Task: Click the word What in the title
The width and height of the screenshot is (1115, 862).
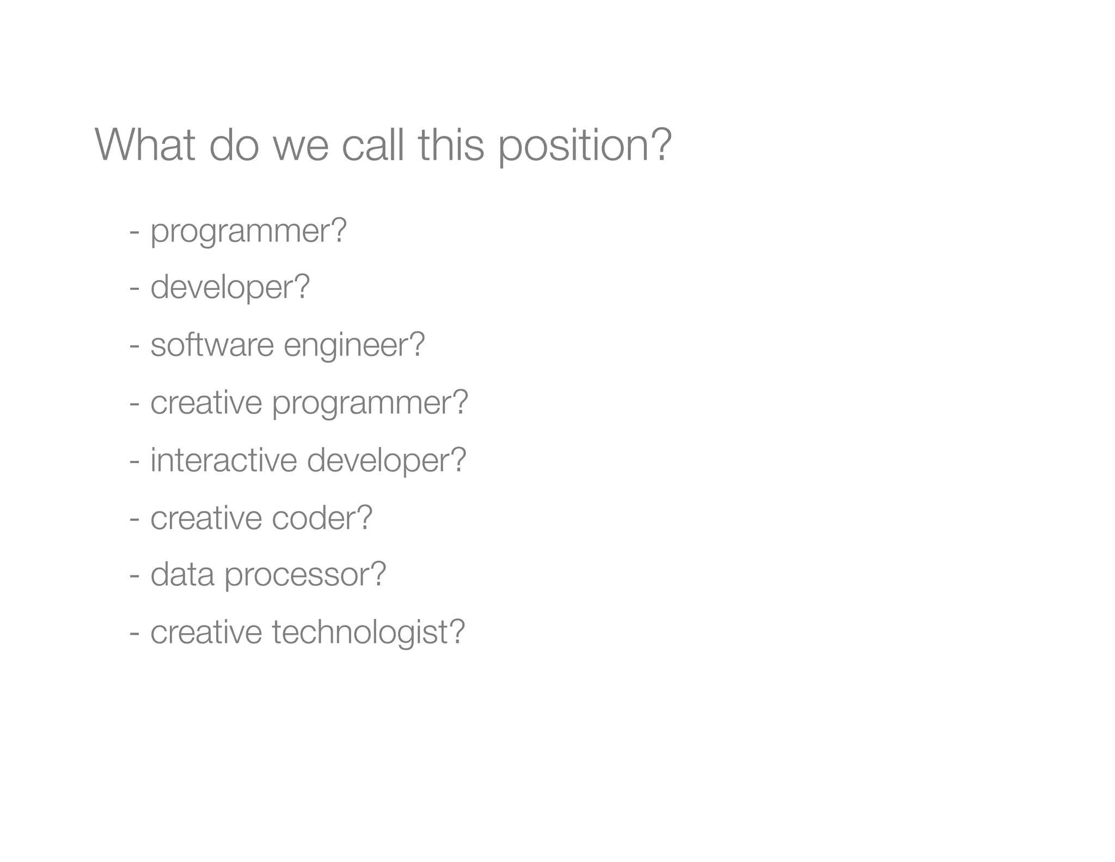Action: click(145, 145)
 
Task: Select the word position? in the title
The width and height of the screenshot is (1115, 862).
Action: click(585, 146)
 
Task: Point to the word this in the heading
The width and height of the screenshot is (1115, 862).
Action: click(451, 145)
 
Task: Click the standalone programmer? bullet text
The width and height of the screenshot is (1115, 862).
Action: click(248, 232)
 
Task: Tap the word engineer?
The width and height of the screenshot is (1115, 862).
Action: click(354, 345)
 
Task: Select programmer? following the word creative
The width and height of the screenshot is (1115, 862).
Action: click(370, 403)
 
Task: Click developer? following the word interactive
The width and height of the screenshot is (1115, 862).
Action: click(387, 460)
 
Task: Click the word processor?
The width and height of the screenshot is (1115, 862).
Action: click(305, 575)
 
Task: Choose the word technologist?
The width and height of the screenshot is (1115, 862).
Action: click(369, 632)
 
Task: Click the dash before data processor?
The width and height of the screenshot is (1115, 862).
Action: click(134, 575)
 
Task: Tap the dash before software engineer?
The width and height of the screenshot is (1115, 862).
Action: click(134, 346)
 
